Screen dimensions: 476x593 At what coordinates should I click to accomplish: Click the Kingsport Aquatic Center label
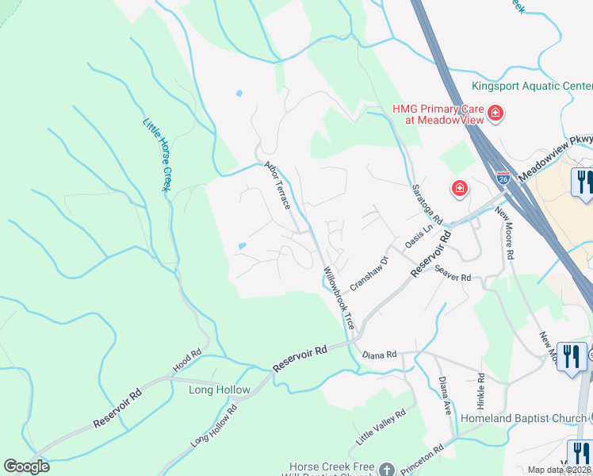pyautogui.click(x=531, y=86)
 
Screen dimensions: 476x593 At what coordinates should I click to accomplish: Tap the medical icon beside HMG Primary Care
pyautogui.click(x=495, y=113)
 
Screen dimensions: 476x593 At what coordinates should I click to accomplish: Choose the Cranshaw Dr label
pyautogui.click(x=370, y=272)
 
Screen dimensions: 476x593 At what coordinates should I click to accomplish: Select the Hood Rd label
pyautogui.click(x=187, y=363)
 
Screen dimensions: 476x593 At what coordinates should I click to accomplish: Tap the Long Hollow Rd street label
pyautogui.click(x=214, y=425)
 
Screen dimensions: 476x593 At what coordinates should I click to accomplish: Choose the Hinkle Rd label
pyautogui.click(x=480, y=390)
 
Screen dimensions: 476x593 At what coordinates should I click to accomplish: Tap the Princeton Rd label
pyautogui.click(x=423, y=458)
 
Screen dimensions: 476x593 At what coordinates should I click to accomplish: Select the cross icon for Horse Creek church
pyautogui.click(x=386, y=469)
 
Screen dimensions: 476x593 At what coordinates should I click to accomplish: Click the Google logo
pyautogui.click(x=26, y=466)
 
